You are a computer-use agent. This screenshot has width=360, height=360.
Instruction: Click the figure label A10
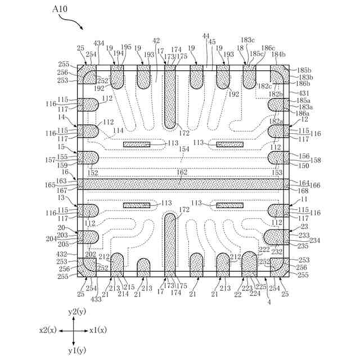60,10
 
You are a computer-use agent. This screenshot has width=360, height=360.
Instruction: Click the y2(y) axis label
76,311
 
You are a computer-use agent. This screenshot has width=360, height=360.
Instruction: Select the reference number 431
304,93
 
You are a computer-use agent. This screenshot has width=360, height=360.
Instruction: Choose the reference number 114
118,130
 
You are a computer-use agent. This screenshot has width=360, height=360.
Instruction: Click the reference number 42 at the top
156,41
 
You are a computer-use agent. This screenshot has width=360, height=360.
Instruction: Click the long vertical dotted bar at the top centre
170,96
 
